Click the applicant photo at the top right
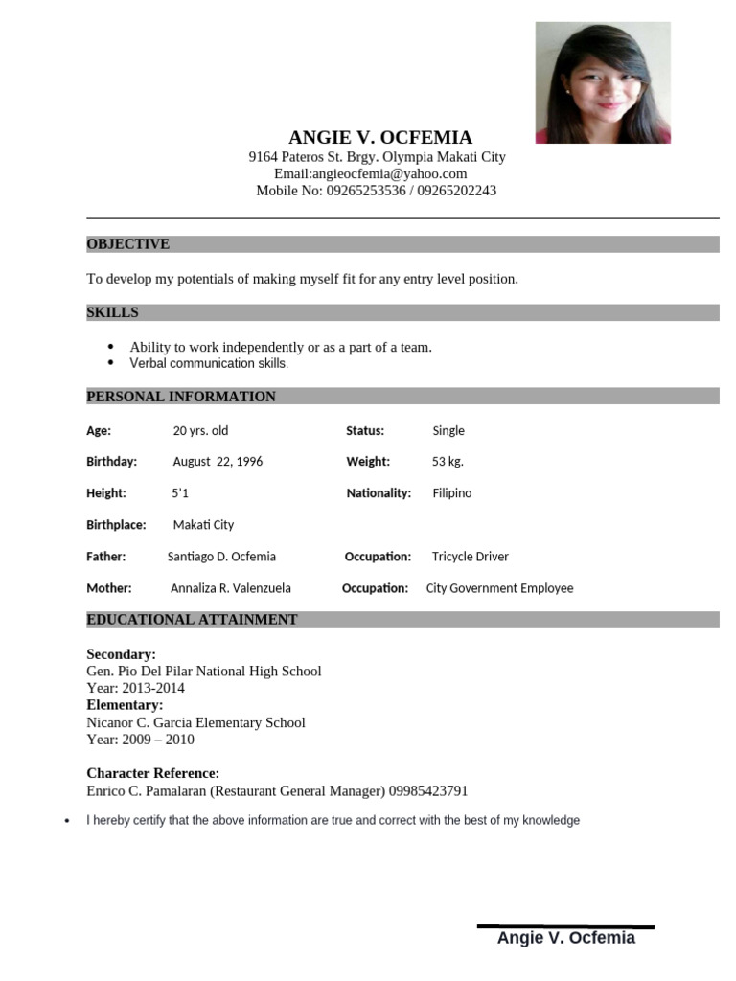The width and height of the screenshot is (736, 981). point(603,82)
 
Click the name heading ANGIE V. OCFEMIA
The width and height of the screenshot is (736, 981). point(380,138)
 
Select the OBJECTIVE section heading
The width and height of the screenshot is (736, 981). point(128,244)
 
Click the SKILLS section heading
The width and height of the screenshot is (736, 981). point(113,312)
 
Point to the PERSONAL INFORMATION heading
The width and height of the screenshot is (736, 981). point(181,397)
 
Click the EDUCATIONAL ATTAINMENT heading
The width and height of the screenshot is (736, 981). point(192,620)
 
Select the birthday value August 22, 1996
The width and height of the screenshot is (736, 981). point(218,462)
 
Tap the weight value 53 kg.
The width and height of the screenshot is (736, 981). point(448,462)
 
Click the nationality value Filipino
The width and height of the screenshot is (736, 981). point(452,493)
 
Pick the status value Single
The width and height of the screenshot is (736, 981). point(448,431)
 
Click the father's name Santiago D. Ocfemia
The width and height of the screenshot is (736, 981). point(221,557)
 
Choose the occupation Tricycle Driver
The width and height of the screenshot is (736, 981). point(471,557)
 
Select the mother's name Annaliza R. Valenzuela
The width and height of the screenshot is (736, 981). point(231,588)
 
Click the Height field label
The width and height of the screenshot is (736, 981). point(106,493)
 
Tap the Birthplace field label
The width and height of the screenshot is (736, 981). point(116,525)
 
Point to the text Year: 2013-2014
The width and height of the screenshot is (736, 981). point(136,688)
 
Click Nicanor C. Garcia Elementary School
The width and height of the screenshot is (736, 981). point(195,722)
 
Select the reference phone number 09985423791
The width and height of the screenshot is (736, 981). point(428,791)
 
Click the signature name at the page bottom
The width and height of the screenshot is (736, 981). point(565,938)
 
